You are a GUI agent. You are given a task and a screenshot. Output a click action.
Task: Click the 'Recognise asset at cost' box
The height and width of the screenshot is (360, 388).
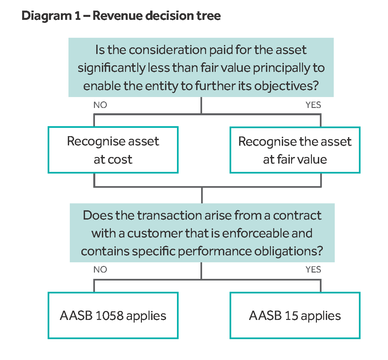tap(113, 150)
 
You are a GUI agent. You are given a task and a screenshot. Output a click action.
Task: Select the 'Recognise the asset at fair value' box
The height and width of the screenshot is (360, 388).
tap(295, 150)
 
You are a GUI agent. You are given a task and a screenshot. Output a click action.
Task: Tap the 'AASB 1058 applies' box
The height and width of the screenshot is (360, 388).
tap(113, 315)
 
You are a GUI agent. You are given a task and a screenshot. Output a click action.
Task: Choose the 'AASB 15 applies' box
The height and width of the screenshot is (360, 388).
tap(295, 315)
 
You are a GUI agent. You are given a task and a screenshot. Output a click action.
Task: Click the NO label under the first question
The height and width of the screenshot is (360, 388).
tap(100, 105)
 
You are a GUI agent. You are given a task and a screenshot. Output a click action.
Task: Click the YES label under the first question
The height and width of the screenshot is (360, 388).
tap(313, 105)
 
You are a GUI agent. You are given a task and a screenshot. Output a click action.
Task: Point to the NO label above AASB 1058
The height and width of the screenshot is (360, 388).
tap(100, 270)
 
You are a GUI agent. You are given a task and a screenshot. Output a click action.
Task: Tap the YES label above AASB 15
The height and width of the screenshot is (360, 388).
tap(313, 270)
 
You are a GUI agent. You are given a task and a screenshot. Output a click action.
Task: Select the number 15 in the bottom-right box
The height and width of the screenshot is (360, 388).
tap(291, 316)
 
